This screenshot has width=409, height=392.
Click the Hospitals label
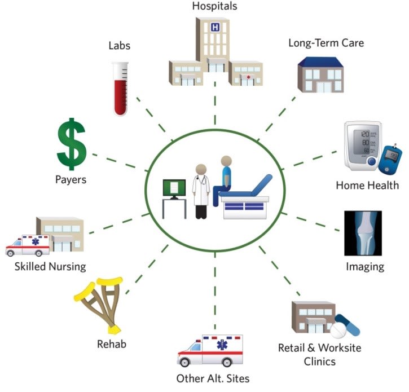(x=214, y=7)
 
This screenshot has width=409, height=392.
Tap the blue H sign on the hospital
(x=214, y=27)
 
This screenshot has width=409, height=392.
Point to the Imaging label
(x=364, y=266)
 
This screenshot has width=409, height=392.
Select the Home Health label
(x=367, y=185)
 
